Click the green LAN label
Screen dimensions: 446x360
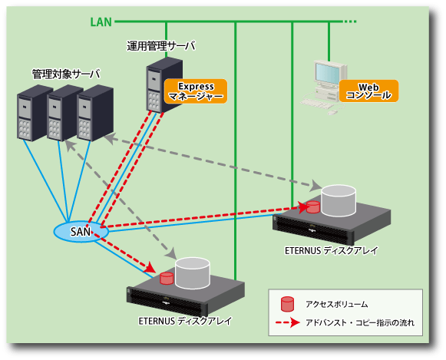pos(101,22)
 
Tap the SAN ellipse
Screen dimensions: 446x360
pos(81,232)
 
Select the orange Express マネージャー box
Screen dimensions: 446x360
pos(196,91)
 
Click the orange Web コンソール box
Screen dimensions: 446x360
pos(368,91)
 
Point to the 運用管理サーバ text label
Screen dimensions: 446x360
pos(161,46)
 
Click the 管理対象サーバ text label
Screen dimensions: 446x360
pos(66,74)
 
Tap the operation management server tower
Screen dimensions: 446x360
pos(164,84)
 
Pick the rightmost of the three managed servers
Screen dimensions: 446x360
pos(95,113)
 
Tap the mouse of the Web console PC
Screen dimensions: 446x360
pos(332,113)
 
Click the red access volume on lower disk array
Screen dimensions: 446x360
pos(167,279)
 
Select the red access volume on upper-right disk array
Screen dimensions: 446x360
pos(313,207)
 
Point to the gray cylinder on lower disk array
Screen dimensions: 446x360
pos(193,273)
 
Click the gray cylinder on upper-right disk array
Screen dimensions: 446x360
pos(339,201)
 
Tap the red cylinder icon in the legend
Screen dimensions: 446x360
pos(287,304)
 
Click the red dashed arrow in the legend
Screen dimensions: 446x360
pos(288,322)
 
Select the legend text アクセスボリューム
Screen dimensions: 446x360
pos(337,304)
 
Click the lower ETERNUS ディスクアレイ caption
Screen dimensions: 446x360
pos(185,321)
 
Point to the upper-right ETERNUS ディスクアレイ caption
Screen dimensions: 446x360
pos(332,250)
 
